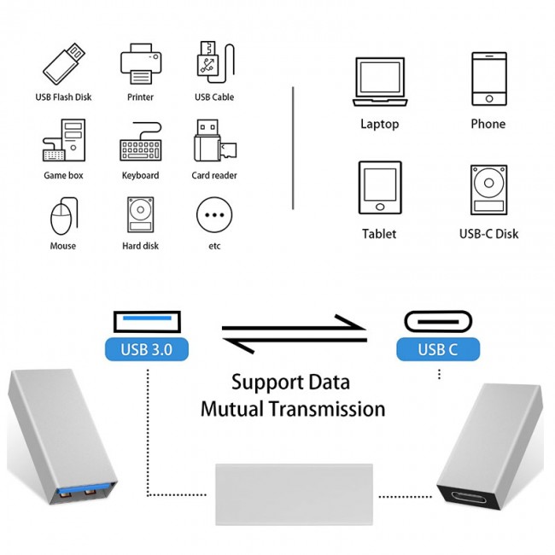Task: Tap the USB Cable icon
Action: tap(213, 61)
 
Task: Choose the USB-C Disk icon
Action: tap(488, 190)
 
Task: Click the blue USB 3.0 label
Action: tap(147, 348)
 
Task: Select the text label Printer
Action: tap(140, 97)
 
